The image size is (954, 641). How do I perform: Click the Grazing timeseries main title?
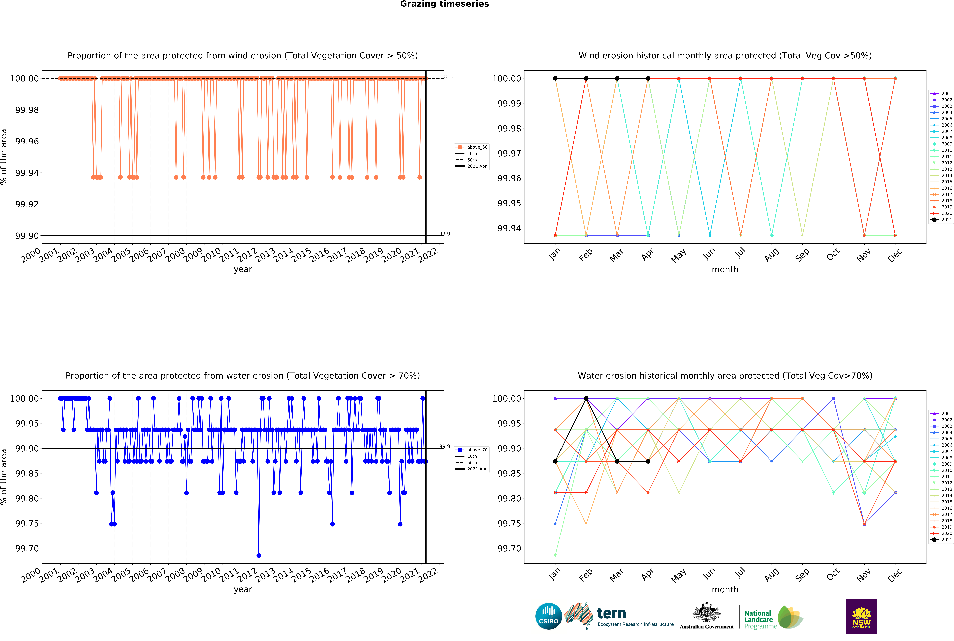coord(444,4)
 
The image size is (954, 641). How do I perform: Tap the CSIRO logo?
coord(548,616)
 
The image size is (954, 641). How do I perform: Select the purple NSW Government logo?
coord(861,616)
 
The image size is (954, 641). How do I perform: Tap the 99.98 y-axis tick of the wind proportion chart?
coord(27,110)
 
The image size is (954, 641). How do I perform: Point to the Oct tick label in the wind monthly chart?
coord(833,254)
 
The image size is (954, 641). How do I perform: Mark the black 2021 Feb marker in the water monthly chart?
coord(586,398)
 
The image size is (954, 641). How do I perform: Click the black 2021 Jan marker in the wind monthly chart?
coord(555,78)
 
